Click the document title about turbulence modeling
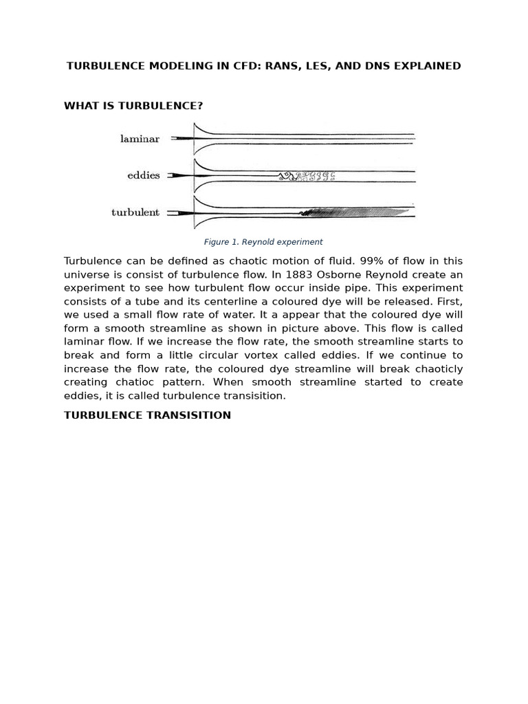click(263, 66)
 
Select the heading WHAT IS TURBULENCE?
click(133, 106)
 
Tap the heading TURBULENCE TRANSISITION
click(147, 415)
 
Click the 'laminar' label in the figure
click(140, 139)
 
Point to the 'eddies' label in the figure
click(143, 175)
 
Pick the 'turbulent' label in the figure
click(135, 212)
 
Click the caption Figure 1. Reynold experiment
click(263, 242)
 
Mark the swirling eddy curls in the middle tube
click(307, 177)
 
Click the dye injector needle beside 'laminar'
click(181, 139)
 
